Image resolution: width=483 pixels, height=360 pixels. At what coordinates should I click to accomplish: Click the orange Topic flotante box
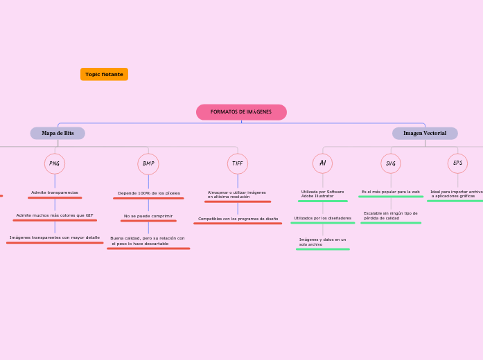pos(104,74)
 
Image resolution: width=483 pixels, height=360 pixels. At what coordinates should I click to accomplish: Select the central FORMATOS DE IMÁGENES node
pos(241,112)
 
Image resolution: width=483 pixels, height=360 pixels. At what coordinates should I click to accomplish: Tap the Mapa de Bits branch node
pos(58,133)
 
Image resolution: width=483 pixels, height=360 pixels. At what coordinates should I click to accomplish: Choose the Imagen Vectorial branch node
pos(425,133)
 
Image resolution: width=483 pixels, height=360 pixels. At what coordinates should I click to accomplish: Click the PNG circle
pos(55,163)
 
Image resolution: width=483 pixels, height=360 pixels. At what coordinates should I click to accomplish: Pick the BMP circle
pos(148,163)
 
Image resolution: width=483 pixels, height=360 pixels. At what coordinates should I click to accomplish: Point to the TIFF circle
pos(238,163)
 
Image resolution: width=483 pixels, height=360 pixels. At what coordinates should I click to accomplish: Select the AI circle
pos(322,163)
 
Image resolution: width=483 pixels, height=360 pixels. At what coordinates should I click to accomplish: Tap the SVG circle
pos(391,163)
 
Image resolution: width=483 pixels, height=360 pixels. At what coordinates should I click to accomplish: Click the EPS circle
pos(457,163)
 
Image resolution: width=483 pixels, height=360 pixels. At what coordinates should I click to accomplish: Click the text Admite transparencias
pos(55,192)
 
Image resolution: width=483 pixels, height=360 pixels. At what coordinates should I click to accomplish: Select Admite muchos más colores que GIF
pos(55,215)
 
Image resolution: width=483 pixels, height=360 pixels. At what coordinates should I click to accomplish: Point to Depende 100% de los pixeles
pos(149,193)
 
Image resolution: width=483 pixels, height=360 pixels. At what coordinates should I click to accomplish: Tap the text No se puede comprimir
pos(148,216)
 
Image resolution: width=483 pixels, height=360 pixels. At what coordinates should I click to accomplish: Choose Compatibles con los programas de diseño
pos(238,219)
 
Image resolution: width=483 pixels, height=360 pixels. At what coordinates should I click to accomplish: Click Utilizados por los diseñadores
pos(322,218)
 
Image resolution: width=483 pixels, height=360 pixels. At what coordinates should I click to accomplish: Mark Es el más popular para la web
pos(391,192)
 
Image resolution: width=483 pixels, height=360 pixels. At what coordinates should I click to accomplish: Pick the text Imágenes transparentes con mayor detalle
pos(55,237)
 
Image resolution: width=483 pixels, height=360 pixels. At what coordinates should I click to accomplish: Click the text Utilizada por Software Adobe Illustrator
pos(322,194)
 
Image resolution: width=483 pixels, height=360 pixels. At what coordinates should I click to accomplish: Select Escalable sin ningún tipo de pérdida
pos(391,215)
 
